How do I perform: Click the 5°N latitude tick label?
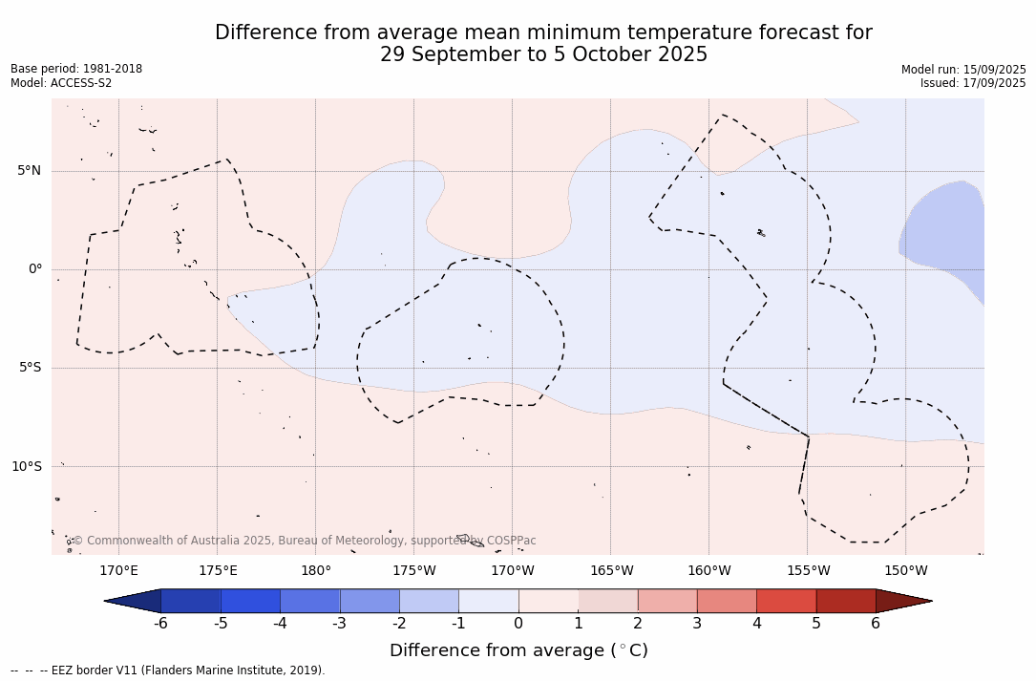pyautogui.click(x=29, y=171)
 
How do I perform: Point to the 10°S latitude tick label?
pyautogui.click(x=27, y=466)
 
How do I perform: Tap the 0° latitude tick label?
pyautogui.click(x=35, y=269)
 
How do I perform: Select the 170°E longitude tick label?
pyautogui.click(x=119, y=570)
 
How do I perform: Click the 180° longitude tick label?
pyautogui.click(x=316, y=570)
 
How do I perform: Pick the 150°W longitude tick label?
pyautogui.click(x=906, y=570)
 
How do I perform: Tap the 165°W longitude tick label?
pyautogui.click(x=611, y=570)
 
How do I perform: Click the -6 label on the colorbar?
pyautogui.click(x=160, y=623)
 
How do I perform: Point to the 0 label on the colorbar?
pyautogui.click(x=518, y=623)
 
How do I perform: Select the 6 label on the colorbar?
pyautogui.click(x=876, y=623)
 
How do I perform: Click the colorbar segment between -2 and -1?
pyautogui.click(x=429, y=601)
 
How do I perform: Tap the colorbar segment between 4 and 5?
pyautogui.click(x=786, y=601)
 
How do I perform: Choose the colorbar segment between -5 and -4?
pyautogui.click(x=250, y=601)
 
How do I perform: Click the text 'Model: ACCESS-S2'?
pyautogui.click(x=61, y=83)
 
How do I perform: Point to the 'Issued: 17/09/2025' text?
pyautogui.click(x=973, y=83)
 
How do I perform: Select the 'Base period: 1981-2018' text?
pyautogui.click(x=76, y=69)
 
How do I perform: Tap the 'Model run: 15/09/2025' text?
pyautogui.click(x=964, y=70)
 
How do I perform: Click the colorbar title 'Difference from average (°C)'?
pyautogui.click(x=518, y=649)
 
